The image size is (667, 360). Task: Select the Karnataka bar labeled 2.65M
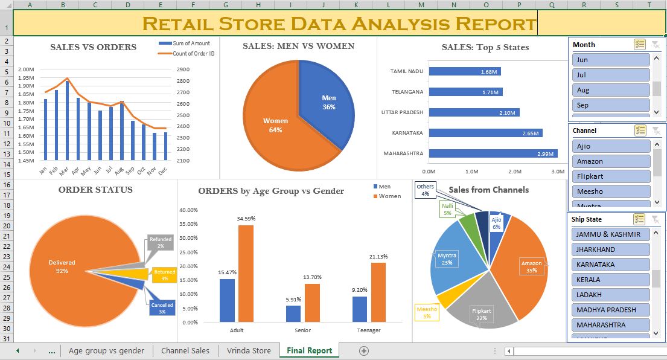[x=485, y=133]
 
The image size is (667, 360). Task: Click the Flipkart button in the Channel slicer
[x=611, y=176]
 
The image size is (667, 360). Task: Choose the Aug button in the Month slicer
[x=611, y=90]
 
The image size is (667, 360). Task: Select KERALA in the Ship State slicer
[x=611, y=280]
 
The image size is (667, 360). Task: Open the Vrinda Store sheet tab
[x=249, y=350]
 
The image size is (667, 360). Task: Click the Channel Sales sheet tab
[x=185, y=350]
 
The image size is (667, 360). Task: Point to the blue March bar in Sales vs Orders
[x=67, y=120]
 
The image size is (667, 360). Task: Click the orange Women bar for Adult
[x=246, y=274]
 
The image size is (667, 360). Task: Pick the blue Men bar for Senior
[x=293, y=313]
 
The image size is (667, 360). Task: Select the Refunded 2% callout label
[x=161, y=243]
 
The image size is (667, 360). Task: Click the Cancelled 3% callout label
[x=162, y=308]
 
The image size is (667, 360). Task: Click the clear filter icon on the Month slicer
[x=656, y=45]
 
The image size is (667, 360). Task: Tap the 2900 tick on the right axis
[x=184, y=69]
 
